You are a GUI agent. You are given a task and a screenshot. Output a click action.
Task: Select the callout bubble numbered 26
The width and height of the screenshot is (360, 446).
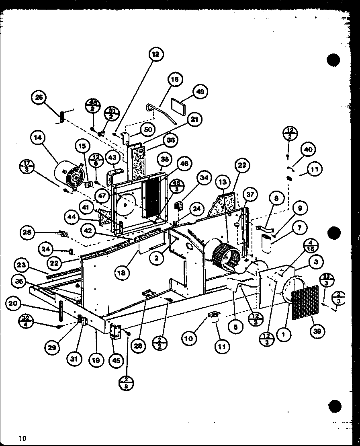coord(39,98)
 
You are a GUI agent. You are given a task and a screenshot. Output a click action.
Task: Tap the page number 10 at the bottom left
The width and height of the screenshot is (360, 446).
coord(22,438)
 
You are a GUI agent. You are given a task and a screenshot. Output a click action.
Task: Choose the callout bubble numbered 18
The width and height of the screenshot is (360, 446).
coord(121,273)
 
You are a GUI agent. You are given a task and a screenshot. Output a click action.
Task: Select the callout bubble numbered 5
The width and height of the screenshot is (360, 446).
coord(235,327)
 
